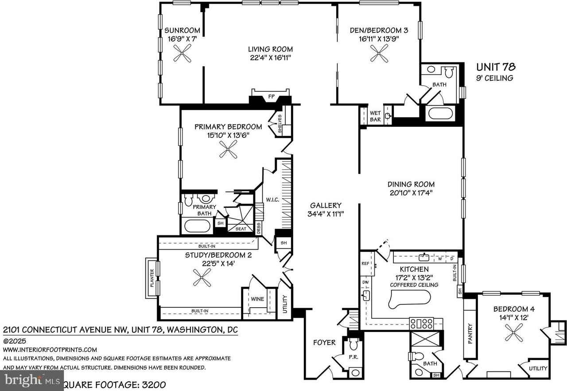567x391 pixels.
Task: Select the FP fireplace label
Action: (x=271, y=96)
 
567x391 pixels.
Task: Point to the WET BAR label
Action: (x=375, y=116)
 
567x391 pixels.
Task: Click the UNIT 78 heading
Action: (x=496, y=67)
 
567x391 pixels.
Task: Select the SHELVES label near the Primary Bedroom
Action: (x=280, y=124)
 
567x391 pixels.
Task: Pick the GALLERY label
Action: (x=326, y=205)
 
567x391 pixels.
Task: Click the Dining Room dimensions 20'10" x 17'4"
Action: (x=411, y=193)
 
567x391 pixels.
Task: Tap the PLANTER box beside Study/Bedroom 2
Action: (x=151, y=278)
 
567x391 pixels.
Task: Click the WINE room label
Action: (x=257, y=299)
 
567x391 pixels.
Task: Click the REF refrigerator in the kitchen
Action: (x=365, y=263)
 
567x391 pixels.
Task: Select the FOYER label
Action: (x=324, y=342)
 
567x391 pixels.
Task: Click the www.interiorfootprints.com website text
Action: (x=50, y=350)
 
